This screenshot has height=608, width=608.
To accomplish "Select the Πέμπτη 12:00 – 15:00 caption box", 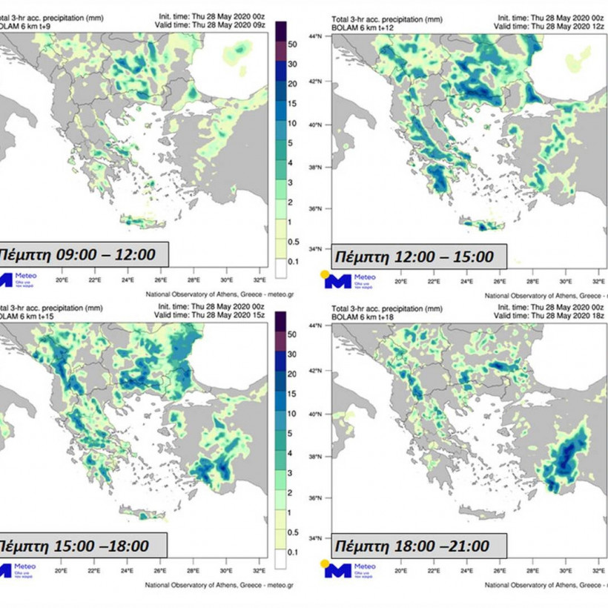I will [x=414, y=257].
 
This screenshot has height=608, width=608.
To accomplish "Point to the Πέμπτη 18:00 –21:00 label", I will [x=412, y=546].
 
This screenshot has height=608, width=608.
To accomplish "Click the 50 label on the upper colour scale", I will [x=291, y=45].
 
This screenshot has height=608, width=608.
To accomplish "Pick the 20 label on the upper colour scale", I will [x=291, y=84].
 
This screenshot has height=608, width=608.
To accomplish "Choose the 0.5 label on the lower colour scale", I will [x=292, y=532].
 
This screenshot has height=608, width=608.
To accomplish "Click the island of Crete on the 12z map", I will [x=482, y=225].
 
